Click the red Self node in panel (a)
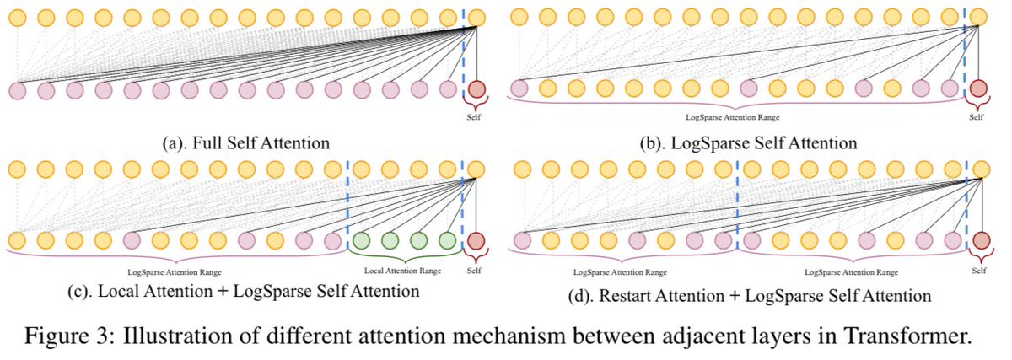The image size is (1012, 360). pyautogui.click(x=477, y=89)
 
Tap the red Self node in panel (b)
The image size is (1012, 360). pyautogui.click(x=979, y=88)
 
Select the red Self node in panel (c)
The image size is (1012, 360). pyautogui.click(x=477, y=240)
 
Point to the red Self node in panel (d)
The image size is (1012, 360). pyautogui.click(x=979, y=241)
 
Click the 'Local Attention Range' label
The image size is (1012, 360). pyautogui.click(x=402, y=272)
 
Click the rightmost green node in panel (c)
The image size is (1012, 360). pyautogui.click(x=448, y=240)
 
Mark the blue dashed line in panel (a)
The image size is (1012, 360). pyautogui.click(x=463, y=51)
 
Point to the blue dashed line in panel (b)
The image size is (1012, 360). pyautogui.click(x=965, y=51)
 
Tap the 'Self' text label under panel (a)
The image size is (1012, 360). pyautogui.click(x=477, y=119)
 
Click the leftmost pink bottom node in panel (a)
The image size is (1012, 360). pyautogui.click(x=18, y=89)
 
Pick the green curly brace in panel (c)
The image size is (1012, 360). pyautogui.click(x=403, y=257)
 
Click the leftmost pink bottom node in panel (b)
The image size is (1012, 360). pyautogui.click(x=519, y=88)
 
